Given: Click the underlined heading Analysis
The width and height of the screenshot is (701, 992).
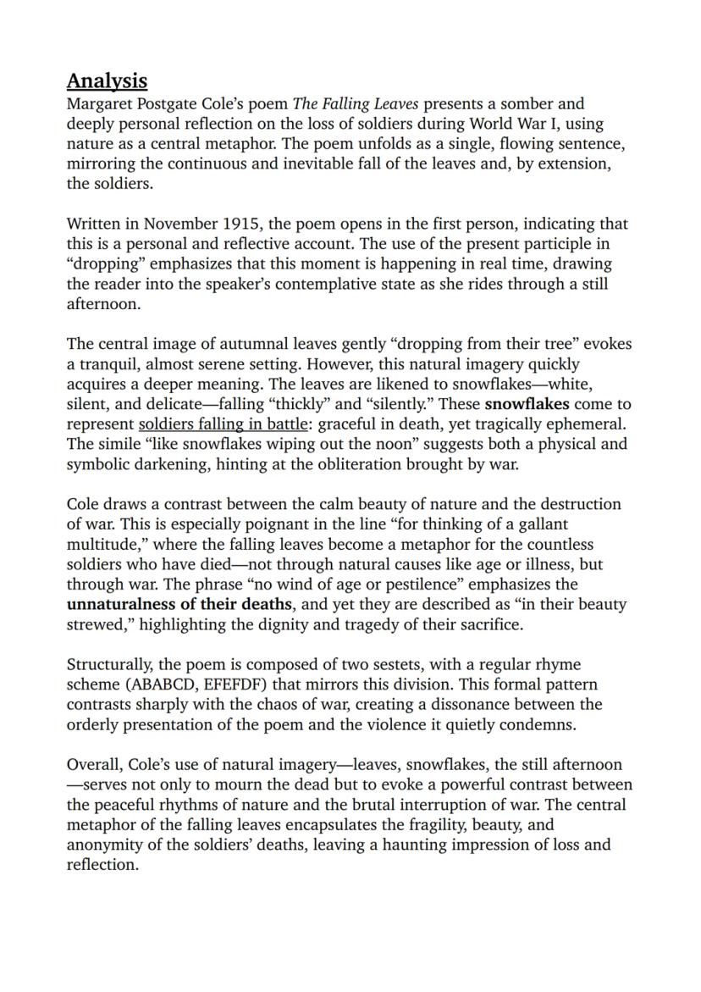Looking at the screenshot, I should (x=107, y=81).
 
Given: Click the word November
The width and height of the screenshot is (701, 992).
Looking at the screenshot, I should (x=181, y=224).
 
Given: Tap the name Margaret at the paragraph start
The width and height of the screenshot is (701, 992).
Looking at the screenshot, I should (x=98, y=104).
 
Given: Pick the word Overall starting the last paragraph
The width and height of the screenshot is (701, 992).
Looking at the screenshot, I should (x=93, y=765).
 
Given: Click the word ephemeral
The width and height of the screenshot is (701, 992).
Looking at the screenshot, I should (x=593, y=424).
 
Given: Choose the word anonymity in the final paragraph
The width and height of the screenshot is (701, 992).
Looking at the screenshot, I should (x=105, y=845).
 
